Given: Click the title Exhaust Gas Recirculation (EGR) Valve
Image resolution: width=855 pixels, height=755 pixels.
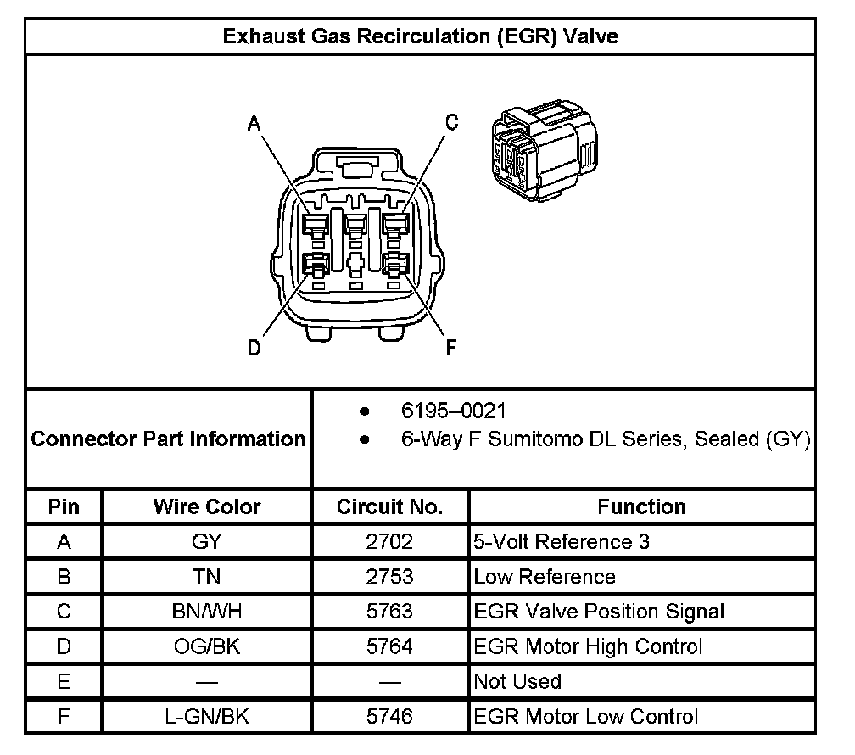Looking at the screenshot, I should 420,36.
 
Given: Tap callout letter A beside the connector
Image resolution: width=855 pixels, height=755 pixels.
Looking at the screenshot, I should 253,124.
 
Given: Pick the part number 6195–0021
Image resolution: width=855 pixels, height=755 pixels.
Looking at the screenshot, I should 453,412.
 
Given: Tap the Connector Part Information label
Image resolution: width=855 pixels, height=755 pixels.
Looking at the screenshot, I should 168,439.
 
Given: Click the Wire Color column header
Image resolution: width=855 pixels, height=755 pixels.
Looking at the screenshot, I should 207,507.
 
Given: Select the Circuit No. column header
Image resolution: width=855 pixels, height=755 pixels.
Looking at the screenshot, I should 390,507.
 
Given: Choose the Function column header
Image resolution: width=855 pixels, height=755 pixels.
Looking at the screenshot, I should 641,507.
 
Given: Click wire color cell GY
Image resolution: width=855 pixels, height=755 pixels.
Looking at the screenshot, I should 207,542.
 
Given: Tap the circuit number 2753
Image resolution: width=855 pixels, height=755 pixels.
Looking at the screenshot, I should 390,577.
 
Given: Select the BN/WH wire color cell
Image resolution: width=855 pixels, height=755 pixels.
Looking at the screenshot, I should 207,612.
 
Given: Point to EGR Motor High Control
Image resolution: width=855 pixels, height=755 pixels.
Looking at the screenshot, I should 588,646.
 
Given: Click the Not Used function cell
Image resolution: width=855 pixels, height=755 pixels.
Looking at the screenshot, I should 517,681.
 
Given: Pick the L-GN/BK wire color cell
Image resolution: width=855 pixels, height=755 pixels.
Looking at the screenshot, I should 207,716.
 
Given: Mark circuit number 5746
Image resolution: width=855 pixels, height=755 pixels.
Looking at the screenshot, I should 390,716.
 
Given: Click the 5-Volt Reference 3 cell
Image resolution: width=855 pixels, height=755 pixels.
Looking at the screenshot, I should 562,542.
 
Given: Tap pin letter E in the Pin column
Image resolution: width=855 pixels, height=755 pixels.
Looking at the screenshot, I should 64,681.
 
